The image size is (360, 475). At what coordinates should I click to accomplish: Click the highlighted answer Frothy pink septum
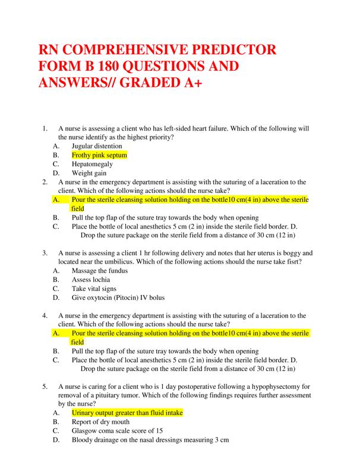coord(99,155)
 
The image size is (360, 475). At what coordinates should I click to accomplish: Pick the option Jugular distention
coord(97,145)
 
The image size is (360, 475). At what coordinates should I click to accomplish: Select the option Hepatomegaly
coord(91,164)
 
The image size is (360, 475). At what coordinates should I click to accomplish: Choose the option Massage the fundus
coord(99,271)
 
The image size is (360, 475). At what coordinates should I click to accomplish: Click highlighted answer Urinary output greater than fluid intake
coord(127,412)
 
